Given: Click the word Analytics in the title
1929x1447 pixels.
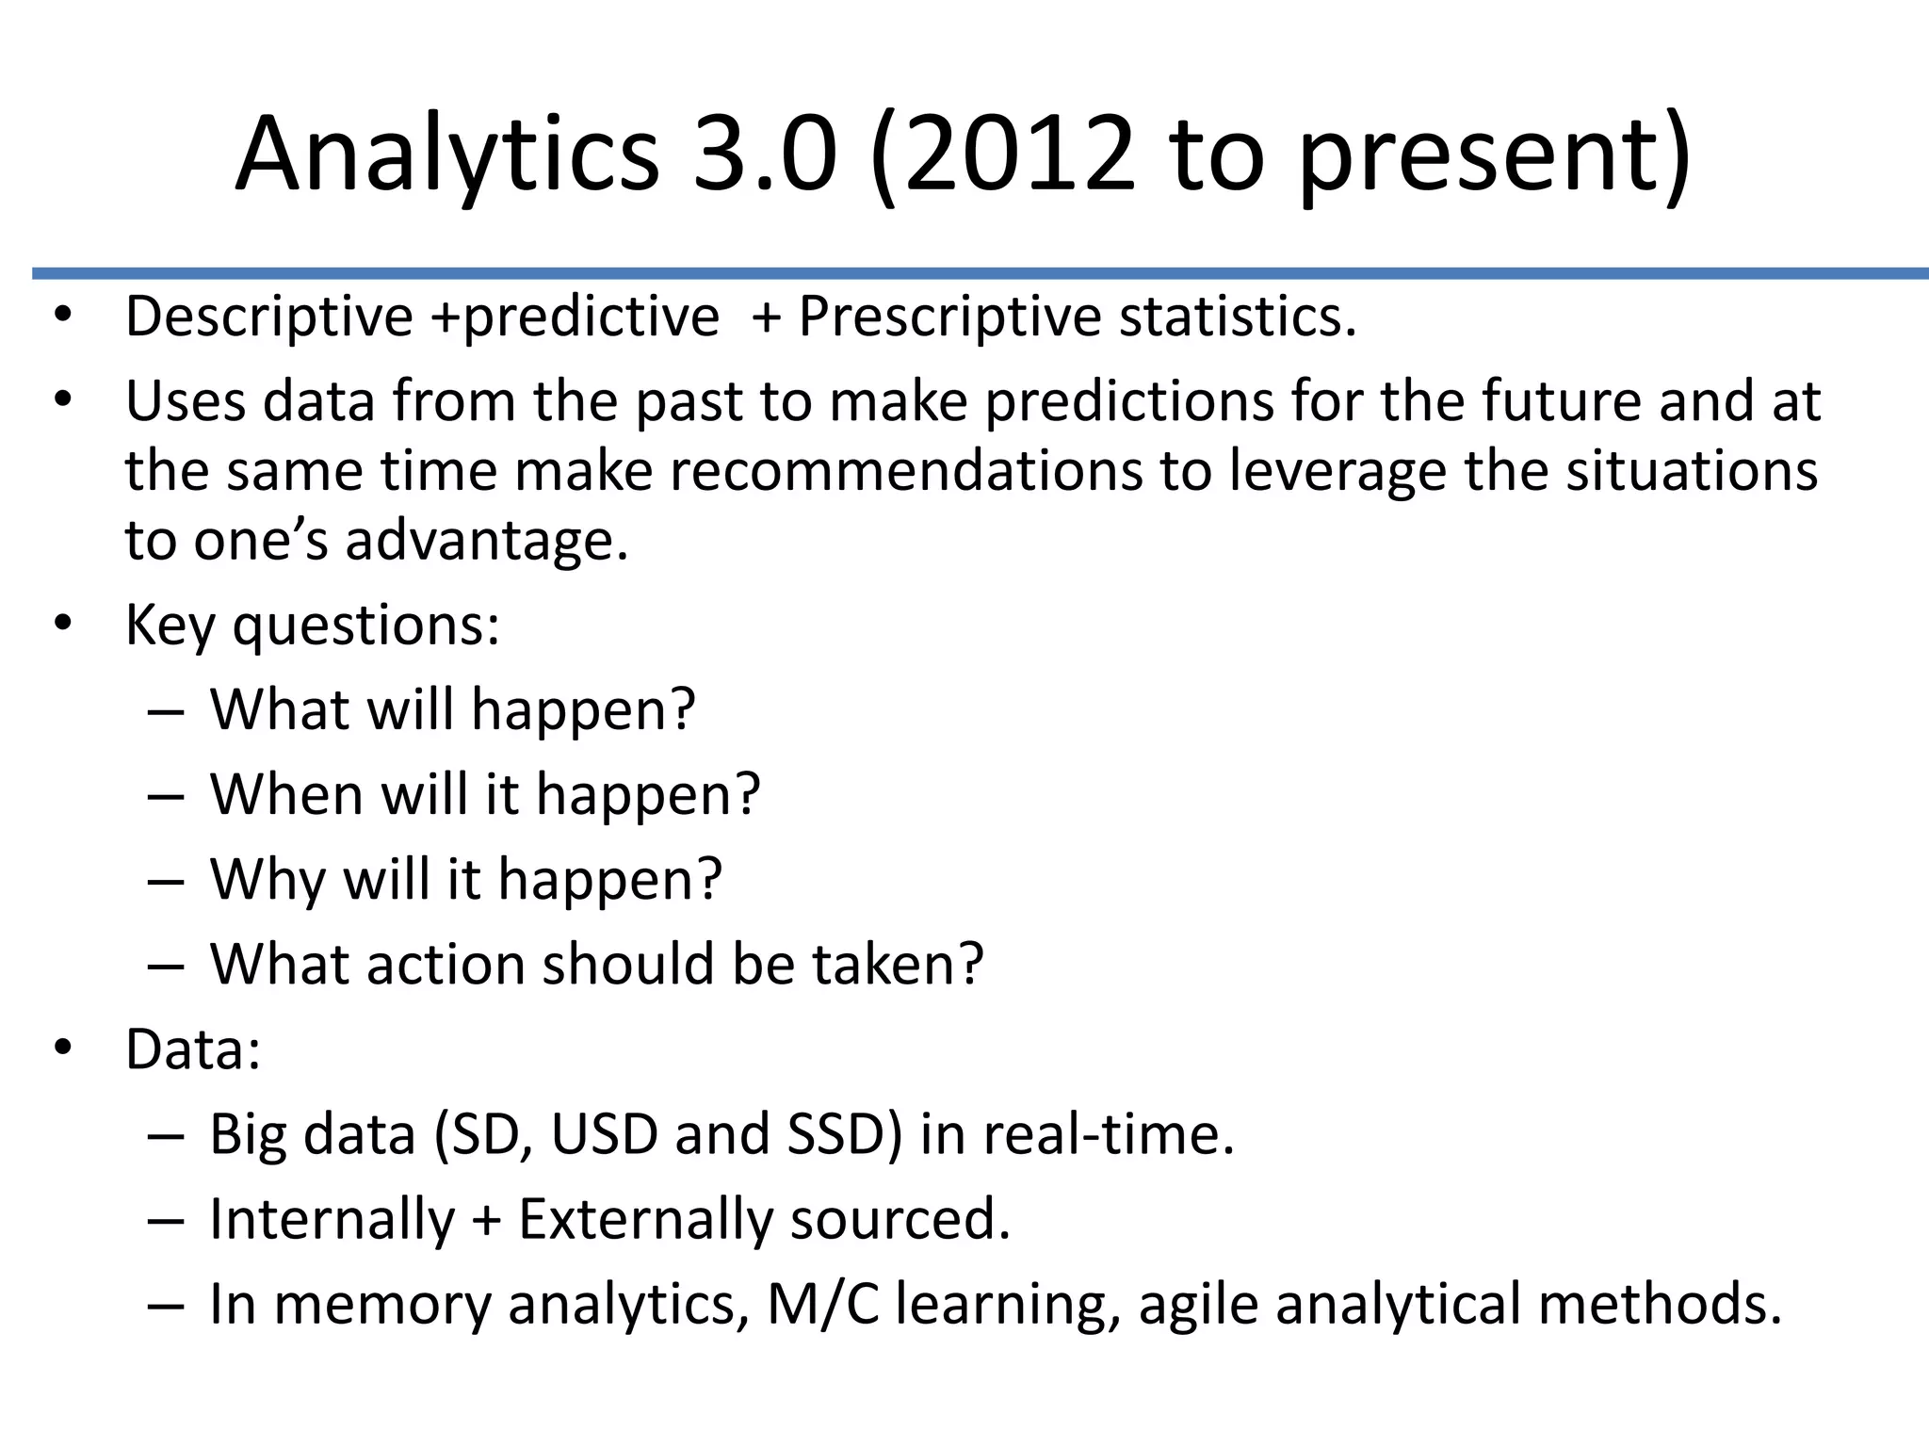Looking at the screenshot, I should pyautogui.click(x=447, y=153).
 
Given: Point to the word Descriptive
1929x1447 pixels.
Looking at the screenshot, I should pyautogui.click(x=269, y=317).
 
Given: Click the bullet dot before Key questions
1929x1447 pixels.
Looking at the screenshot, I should pyautogui.click(x=63, y=623).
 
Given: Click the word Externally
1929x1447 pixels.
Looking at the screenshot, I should pyautogui.click(x=647, y=1220).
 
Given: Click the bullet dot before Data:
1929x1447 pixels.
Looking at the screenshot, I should pyautogui.click(x=63, y=1049).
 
